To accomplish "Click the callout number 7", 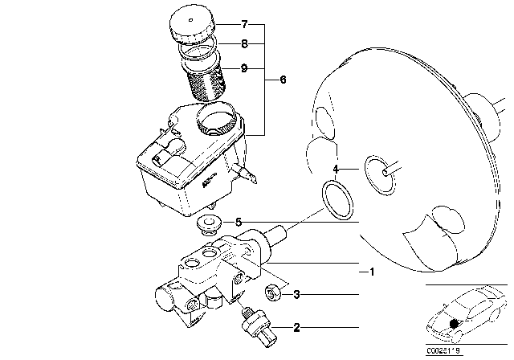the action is (x=244, y=24).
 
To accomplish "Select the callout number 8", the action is (x=244, y=43).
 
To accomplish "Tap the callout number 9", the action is (x=244, y=68).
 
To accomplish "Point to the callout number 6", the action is (x=283, y=80).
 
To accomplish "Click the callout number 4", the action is (x=336, y=170).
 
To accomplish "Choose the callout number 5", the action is (x=239, y=223).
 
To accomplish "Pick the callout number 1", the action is (x=371, y=272).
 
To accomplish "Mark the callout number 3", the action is (x=296, y=294).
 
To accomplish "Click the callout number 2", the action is (x=296, y=327).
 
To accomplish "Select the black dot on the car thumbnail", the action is (x=454, y=324).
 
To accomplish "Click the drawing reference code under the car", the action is (x=444, y=351).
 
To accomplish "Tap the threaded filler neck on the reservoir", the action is (x=216, y=119).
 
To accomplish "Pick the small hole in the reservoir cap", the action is (x=191, y=20).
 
